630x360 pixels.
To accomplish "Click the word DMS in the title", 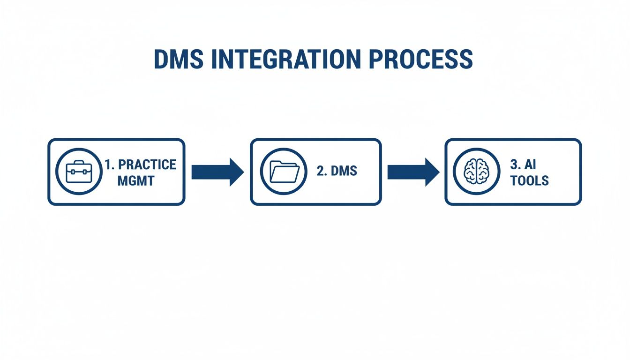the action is coord(179,59).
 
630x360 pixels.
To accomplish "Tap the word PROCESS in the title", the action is coord(421,59).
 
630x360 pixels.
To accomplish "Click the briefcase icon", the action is coord(79,172).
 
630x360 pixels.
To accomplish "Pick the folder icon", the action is coord(284,172).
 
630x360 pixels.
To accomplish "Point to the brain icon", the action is coord(476,172).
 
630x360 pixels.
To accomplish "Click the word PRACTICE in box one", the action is coord(147,165).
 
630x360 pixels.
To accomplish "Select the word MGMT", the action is coord(136,181).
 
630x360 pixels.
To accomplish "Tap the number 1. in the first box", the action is coord(110,165).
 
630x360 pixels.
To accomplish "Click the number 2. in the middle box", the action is coord(322,171).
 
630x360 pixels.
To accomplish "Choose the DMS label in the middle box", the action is coord(344,171).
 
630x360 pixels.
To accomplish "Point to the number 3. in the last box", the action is coord(515,165).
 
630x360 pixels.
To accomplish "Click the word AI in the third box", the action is coord(530,165).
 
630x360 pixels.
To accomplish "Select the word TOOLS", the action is coord(530,180).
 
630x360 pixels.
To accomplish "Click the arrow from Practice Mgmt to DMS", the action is coord(217,172).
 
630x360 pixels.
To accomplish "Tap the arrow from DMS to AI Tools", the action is coord(413,172).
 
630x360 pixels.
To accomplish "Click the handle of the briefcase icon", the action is coord(79,163).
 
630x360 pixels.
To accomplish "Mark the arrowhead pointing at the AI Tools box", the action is coord(432,172).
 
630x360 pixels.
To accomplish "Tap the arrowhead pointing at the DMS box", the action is coord(237,172).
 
